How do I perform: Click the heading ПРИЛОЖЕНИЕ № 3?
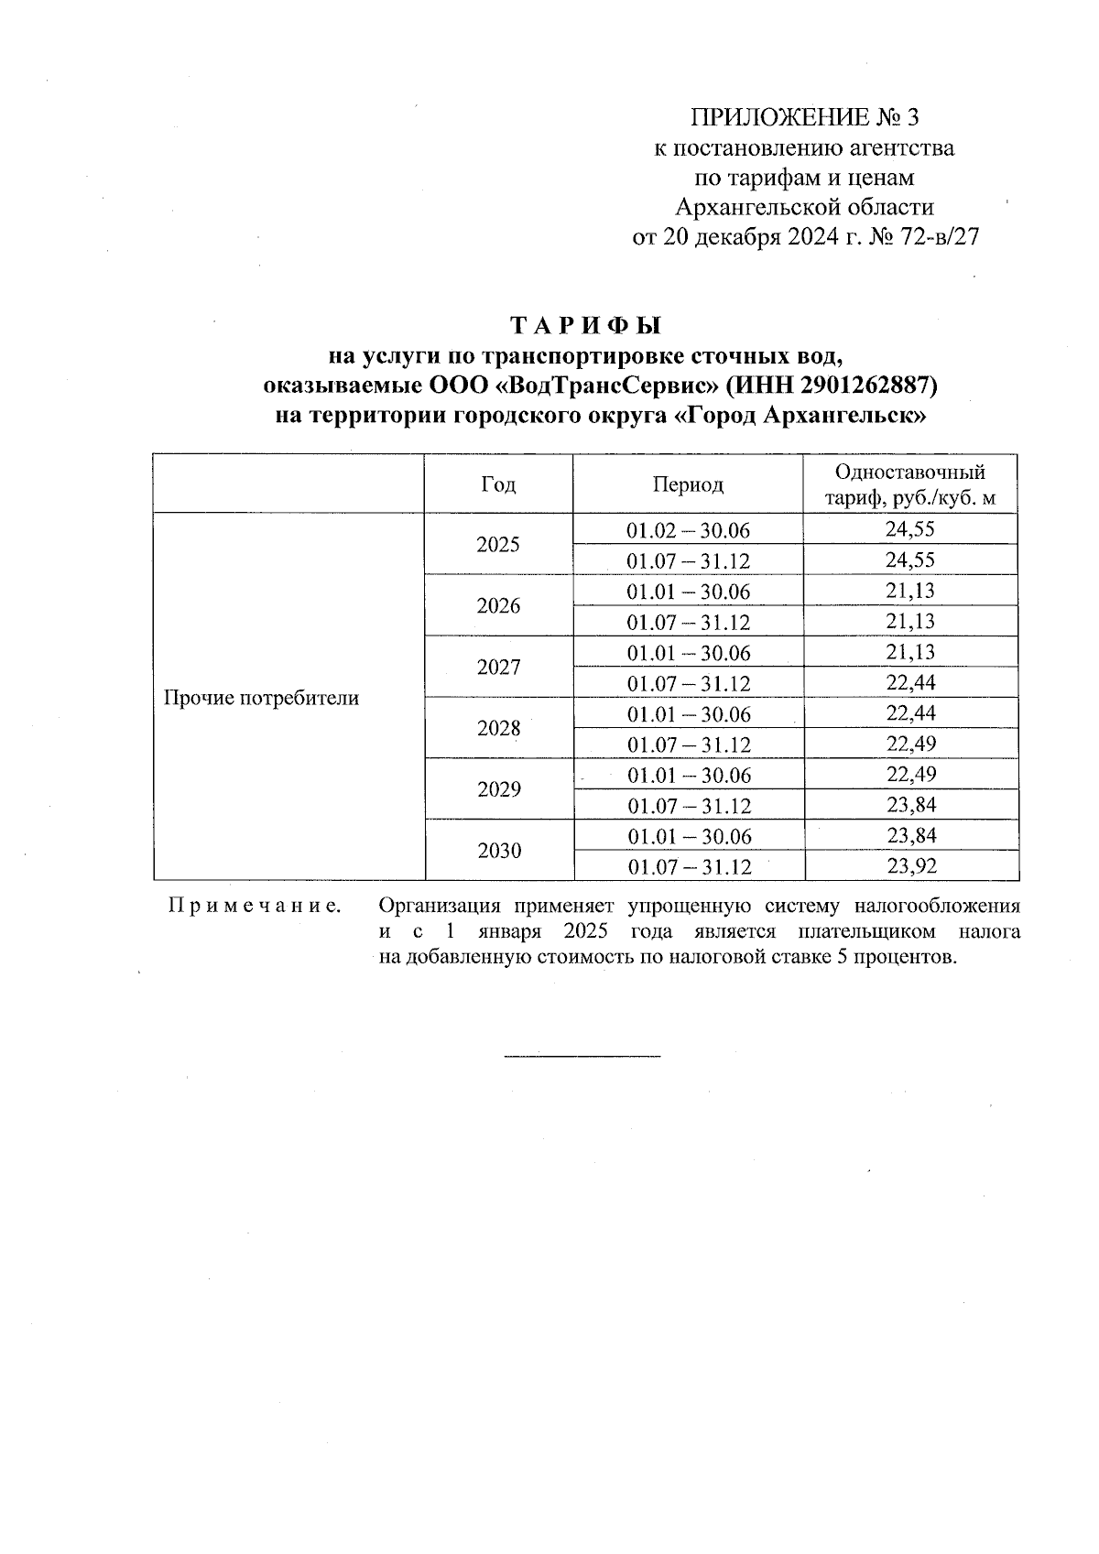(803, 117)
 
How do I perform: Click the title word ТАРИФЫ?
(584, 326)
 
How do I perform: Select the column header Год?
(498, 484)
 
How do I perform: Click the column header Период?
(688, 484)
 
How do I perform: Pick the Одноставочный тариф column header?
(910, 484)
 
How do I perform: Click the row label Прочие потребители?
(261, 698)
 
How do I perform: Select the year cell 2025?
(498, 545)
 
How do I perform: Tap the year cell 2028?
(498, 729)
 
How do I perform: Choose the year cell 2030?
(499, 851)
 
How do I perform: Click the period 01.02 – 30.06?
(688, 530)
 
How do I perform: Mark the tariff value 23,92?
(910, 866)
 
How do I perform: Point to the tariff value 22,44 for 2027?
(910, 682)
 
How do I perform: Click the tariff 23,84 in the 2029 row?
(910, 805)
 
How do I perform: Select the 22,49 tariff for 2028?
(910, 744)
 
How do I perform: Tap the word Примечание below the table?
(256, 907)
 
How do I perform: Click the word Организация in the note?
(439, 907)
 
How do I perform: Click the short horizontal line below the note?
(582, 1057)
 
